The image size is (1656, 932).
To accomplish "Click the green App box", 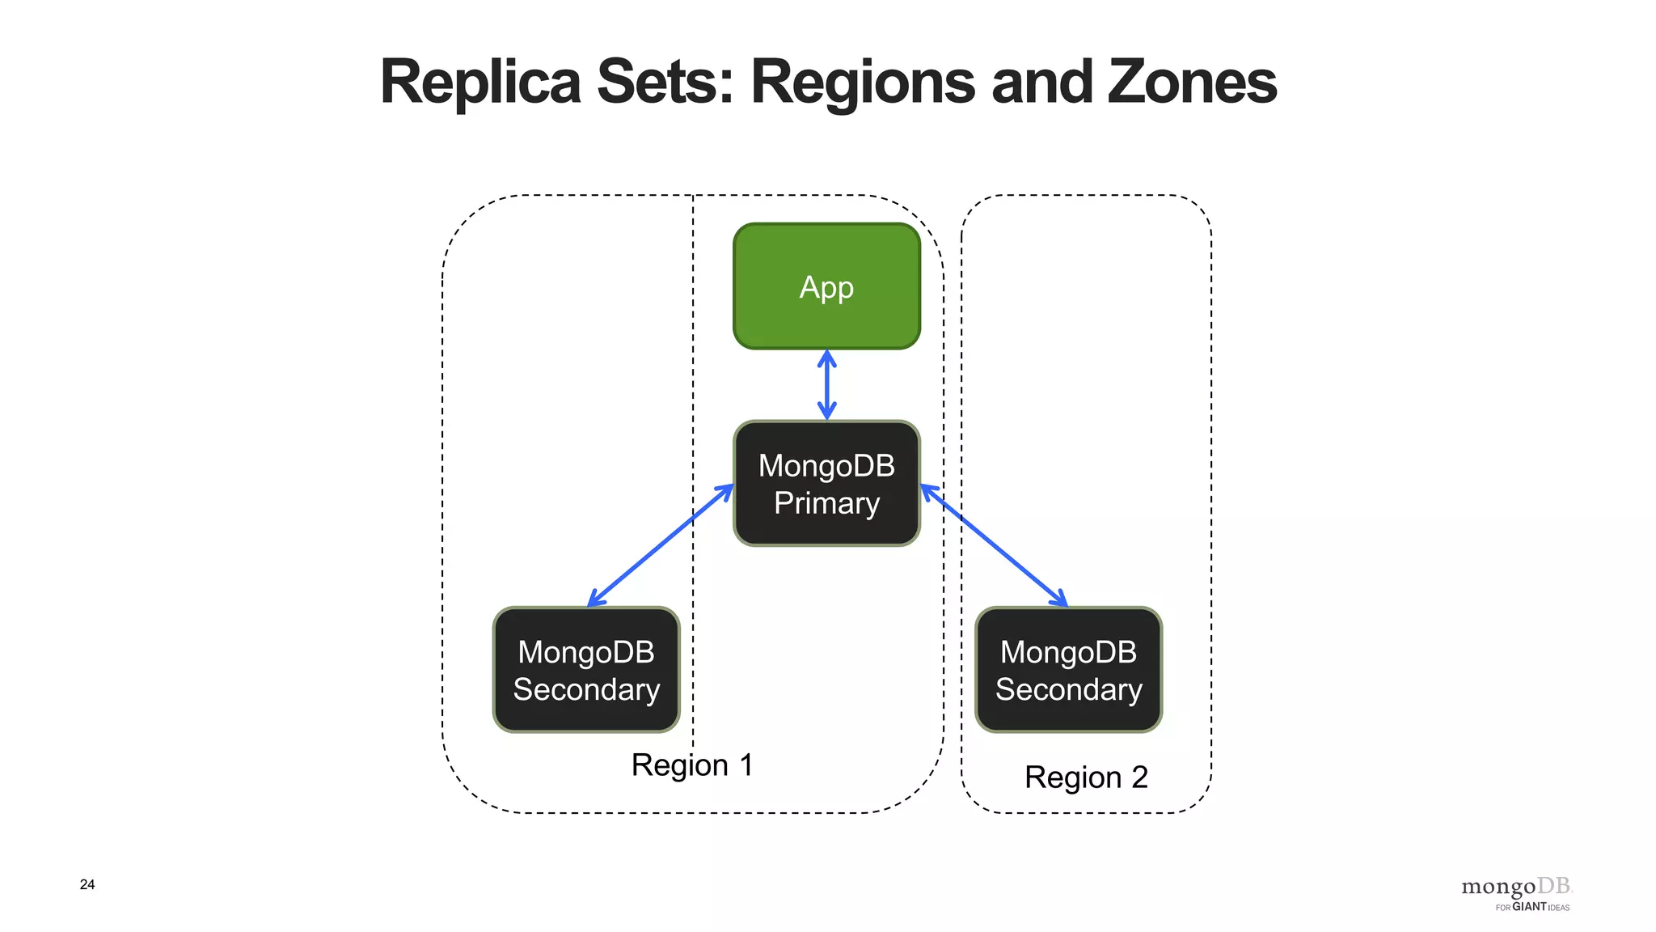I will [x=826, y=286].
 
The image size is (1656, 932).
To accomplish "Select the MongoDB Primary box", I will [x=826, y=483].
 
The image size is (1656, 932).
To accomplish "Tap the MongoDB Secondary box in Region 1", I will [x=586, y=670].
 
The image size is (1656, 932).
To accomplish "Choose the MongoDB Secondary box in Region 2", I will [x=1068, y=670].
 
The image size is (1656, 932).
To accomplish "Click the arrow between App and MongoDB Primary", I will [x=826, y=385].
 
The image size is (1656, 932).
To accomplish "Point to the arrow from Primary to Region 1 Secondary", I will [x=660, y=545].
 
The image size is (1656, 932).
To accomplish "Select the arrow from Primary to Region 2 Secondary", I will [x=994, y=545].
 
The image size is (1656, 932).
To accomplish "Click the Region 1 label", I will [x=692, y=765].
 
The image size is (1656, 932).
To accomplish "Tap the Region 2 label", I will [x=1086, y=777].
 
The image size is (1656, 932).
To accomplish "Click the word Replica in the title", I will [x=480, y=82].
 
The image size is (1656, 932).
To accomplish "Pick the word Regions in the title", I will [x=863, y=82].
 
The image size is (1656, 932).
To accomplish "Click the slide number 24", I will [x=87, y=884].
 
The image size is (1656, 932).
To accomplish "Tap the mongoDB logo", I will [x=1515, y=887].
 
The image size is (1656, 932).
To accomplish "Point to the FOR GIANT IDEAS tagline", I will [x=1531, y=907].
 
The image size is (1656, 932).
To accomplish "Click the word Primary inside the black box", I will [x=826, y=503].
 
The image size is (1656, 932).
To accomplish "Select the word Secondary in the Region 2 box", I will [x=1068, y=689].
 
